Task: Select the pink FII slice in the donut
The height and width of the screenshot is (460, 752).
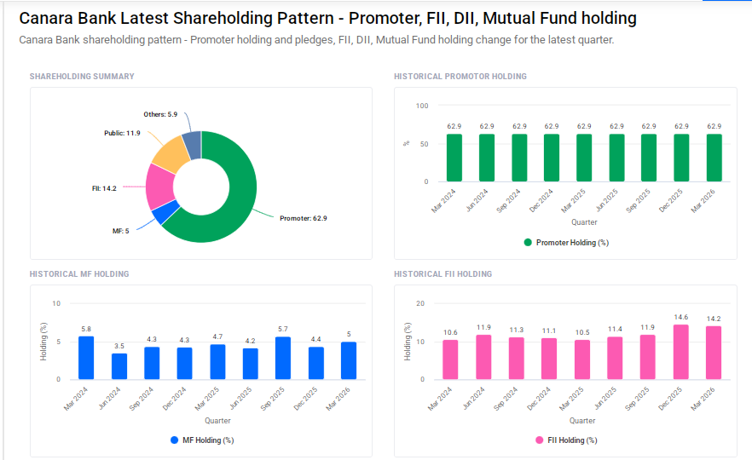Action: [159, 187]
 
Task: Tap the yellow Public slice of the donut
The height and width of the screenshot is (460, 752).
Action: [169, 155]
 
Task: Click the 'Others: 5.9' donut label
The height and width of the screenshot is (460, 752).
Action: [160, 114]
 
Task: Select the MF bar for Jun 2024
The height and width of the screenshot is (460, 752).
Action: [119, 366]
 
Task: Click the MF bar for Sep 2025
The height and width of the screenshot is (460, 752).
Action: [283, 358]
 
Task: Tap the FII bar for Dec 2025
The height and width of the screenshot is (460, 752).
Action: [680, 352]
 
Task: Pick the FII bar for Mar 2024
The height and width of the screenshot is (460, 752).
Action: [450, 359]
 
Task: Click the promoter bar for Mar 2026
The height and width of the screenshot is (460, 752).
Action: [714, 158]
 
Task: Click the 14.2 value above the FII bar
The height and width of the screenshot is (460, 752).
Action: [713, 319]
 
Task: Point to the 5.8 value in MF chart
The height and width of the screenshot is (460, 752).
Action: [86, 329]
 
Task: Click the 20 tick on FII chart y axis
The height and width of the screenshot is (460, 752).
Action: [419, 303]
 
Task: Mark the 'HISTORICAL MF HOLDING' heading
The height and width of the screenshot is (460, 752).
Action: [79, 274]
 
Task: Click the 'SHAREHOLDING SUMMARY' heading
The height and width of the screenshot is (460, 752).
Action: [82, 77]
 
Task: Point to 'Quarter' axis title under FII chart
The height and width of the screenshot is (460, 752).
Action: [582, 421]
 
